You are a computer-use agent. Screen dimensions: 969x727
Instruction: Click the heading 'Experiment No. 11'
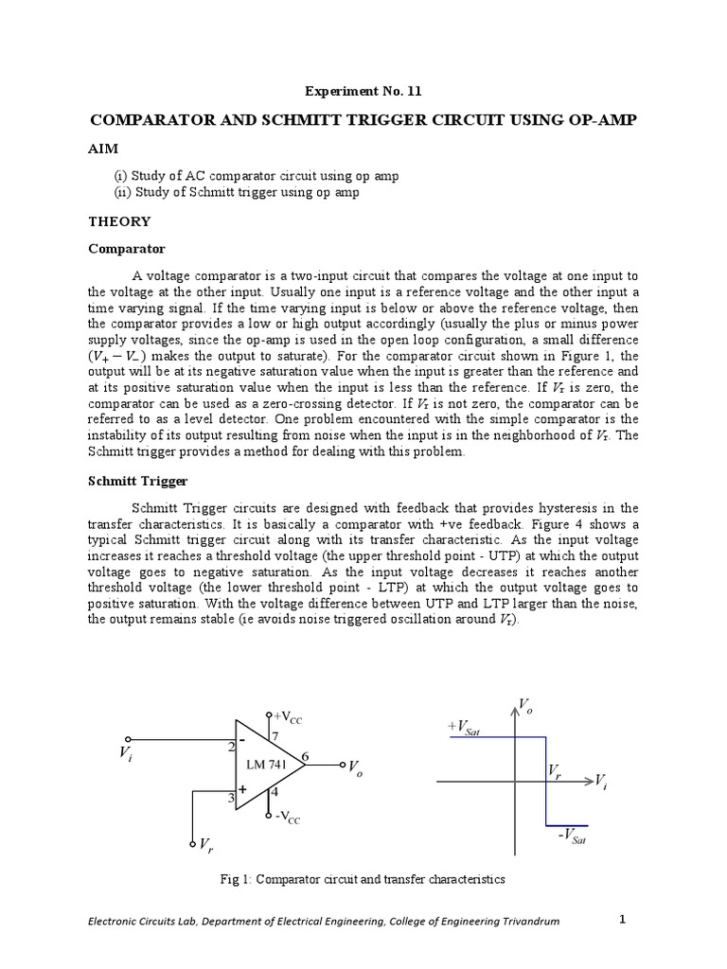363,92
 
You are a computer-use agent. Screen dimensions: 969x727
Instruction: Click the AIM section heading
103,150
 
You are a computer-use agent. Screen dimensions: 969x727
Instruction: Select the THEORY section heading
119,220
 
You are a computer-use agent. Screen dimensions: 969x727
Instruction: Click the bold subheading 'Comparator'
126,249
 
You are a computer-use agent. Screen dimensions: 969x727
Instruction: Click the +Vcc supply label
287,716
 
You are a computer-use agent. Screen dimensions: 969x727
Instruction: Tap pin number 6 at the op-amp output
305,755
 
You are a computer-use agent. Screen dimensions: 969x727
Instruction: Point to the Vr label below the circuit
205,844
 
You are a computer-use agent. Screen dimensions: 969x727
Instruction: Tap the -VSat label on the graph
573,836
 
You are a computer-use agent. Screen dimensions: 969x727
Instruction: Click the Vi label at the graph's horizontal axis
600,781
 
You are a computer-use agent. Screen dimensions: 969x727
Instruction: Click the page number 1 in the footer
623,919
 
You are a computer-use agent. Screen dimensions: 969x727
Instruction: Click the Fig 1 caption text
363,879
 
